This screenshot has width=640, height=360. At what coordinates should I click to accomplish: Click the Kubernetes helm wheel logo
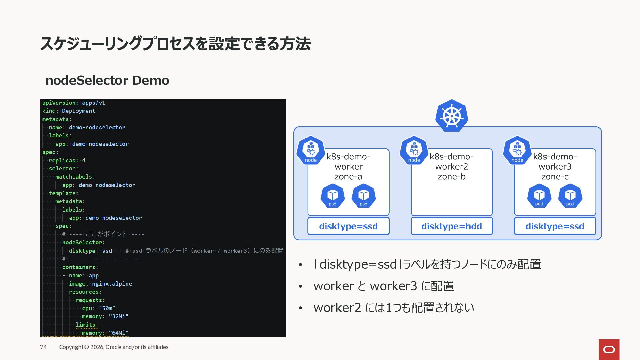tap(452, 116)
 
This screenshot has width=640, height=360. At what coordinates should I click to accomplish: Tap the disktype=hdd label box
tap(451, 226)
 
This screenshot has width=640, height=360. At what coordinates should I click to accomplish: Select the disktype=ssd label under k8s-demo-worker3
tap(555, 226)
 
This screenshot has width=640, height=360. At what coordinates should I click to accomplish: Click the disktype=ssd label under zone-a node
tap(348, 226)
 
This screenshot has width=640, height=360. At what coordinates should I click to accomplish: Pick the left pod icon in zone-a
tap(332, 196)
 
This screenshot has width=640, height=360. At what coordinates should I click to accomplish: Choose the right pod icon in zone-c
tap(570, 196)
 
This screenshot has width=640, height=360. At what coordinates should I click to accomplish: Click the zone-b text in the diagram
tap(452, 177)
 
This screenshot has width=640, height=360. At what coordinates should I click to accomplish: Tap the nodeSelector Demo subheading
tap(107, 80)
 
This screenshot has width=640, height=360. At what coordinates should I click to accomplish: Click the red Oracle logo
tap(609, 349)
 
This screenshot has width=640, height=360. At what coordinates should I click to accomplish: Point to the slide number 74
tap(43, 347)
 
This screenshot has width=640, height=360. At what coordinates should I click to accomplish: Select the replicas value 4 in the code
tap(84, 160)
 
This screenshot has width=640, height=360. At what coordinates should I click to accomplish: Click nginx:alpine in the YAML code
tap(112, 284)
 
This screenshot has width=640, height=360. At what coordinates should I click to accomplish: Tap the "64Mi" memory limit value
tap(118, 333)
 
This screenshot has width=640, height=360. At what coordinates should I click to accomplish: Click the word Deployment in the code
tap(79, 111)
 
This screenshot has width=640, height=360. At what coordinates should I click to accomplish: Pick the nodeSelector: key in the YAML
tap(83, 242)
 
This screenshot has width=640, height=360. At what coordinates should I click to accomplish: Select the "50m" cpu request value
tap(107, 308)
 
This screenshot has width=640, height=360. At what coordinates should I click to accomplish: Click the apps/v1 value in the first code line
tap(94, 103)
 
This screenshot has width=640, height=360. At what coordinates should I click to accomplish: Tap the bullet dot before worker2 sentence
tap(300, 308)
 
